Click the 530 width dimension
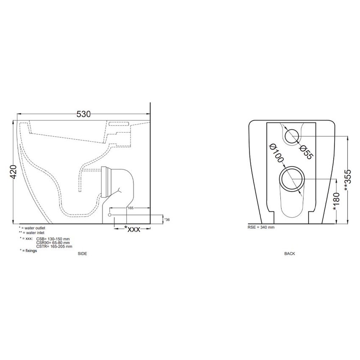83,114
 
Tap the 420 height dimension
13,172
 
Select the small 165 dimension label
130,208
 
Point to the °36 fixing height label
167,220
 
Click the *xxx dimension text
132,229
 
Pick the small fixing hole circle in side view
110,215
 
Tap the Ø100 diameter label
277,152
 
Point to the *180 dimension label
336,201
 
